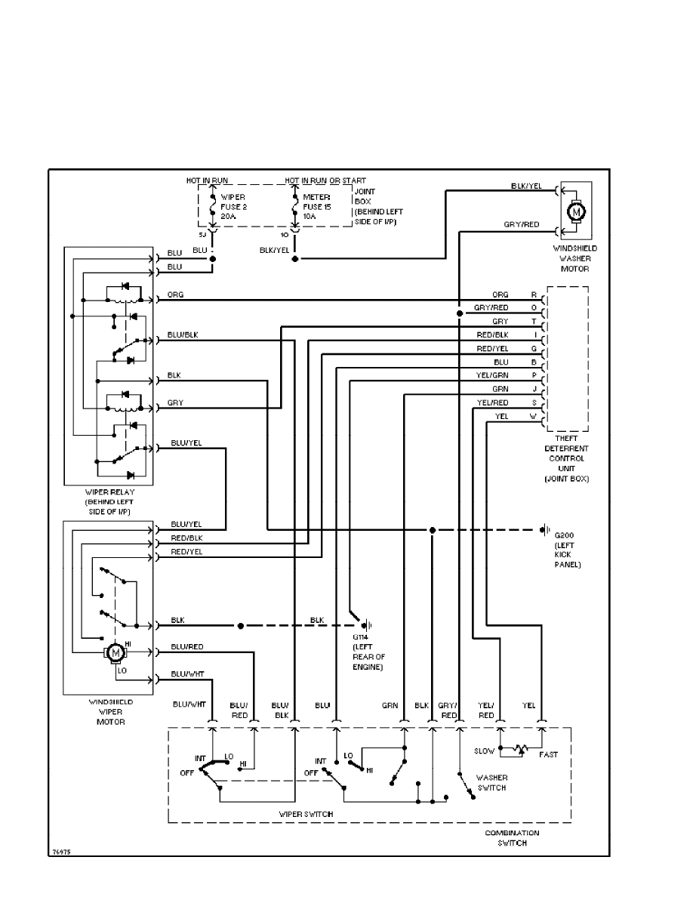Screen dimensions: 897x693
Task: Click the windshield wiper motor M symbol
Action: point(115,651)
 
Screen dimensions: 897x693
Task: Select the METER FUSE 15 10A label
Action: point(316,205)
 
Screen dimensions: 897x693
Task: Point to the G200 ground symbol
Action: point(544,530)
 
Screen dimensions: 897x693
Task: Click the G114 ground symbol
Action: point(367,625)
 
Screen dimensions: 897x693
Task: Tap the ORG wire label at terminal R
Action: point(500,295)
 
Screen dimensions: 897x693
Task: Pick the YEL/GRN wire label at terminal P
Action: point(494,375)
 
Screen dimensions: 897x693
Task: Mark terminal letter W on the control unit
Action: point(534,416)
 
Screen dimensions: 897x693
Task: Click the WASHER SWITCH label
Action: point(491,782)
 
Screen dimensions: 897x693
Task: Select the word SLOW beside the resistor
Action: point(484,751)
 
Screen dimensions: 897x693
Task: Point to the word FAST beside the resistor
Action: point(549,754)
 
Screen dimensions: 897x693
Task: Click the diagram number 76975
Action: point(62,851)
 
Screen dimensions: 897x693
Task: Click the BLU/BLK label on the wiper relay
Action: point(185,334)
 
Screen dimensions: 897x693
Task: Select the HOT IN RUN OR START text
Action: point(325,181)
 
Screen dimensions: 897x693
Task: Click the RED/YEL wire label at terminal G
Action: point(492,348)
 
